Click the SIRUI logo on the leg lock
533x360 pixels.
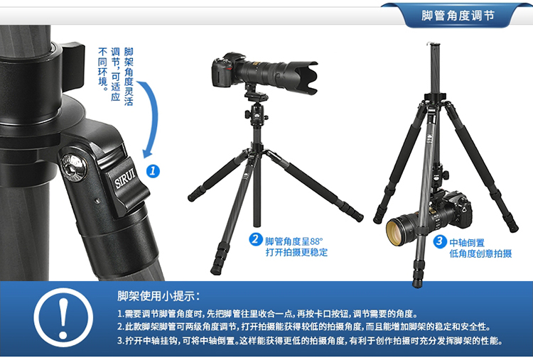tap(125, 178)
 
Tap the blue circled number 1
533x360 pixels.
tap(153, 171)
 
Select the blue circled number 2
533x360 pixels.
tap(255, 239)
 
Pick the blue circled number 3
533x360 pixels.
tap(439, 241)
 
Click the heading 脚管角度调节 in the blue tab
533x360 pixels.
tap(458, 16)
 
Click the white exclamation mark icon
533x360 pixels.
tap(63, 318)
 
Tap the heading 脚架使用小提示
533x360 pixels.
tap(158, 296)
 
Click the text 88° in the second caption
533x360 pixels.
tap(316, 241)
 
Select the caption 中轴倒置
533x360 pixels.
tap(467, 243)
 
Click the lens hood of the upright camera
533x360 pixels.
tap(307, 77)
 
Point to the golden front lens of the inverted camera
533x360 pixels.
tap(397, 231)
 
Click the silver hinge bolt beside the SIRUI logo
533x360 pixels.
tap(73, 167)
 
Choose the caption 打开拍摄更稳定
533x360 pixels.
tap(296, 252)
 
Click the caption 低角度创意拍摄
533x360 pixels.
tap(480, 253)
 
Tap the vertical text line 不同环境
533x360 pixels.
tap(102, 69)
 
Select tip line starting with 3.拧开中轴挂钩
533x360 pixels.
tap(310, 340)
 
